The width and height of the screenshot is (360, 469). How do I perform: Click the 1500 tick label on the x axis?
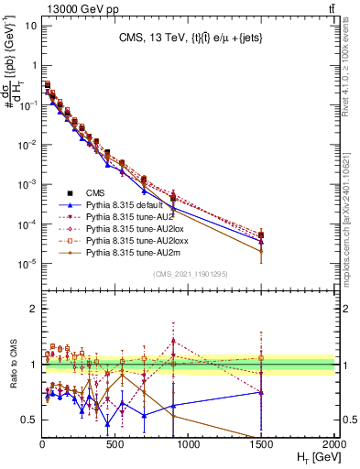(x=261, y=443)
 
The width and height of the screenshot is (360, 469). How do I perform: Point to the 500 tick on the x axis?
(x=115, y=443)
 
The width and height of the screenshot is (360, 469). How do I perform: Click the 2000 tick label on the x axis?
(x=333, y=443)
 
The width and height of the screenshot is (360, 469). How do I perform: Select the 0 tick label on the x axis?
(x=43, y=443)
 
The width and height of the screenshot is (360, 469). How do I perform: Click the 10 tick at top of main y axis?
(x=30, y=25)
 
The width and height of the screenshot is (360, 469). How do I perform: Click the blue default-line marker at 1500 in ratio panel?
(x=261, y=392)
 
